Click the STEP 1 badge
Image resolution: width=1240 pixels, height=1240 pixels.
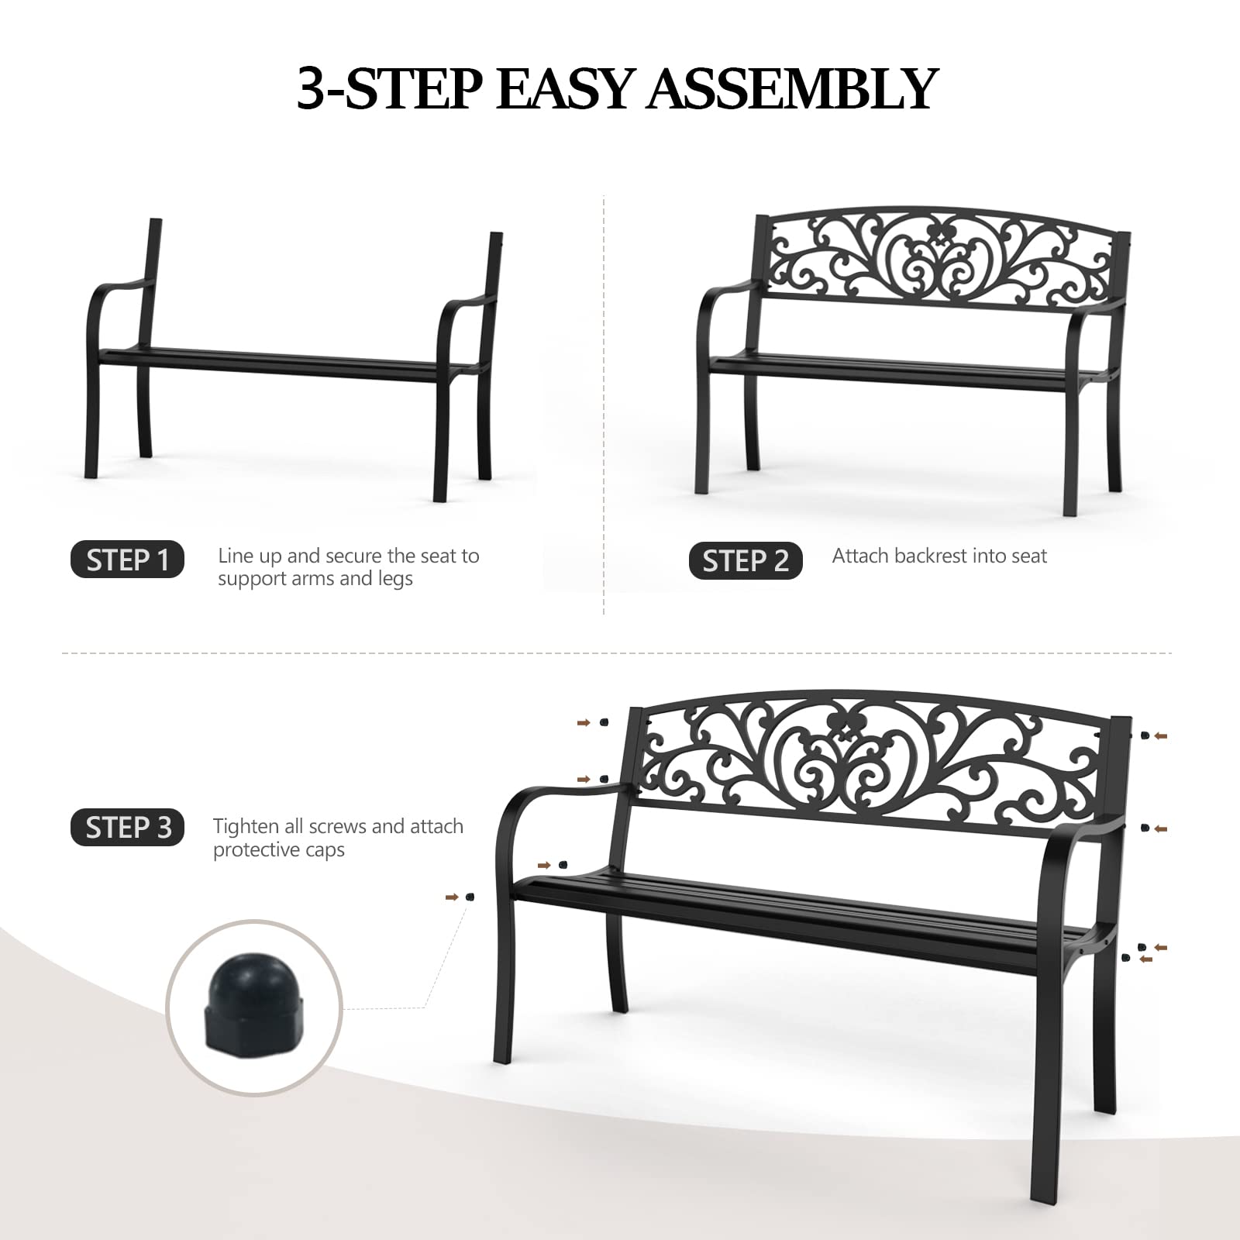[x=127, y=560]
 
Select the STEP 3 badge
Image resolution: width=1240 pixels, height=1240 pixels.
[x=128, y=828]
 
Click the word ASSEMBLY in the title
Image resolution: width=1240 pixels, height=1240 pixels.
[x=793, y=89]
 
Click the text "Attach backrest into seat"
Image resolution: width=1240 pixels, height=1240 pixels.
[x=939, y=556]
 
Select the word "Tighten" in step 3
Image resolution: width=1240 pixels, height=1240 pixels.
[x=246, y=826]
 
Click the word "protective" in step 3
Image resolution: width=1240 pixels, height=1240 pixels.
[x=257, y=850]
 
